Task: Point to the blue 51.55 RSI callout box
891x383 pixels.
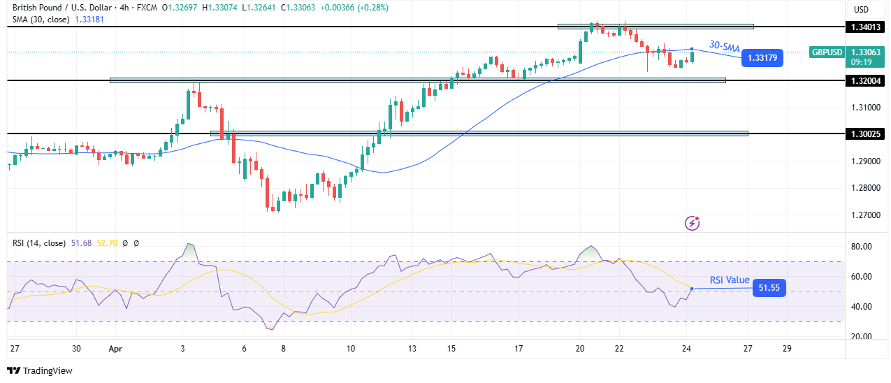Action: pos(769,287)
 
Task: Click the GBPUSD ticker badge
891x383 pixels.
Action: pos(827,52)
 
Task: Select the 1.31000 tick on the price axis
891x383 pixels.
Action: pos(865,108)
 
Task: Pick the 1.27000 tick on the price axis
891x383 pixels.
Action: pos(865,215)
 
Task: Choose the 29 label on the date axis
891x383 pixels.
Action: pos(787,349)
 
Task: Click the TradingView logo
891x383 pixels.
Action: pos(40,371)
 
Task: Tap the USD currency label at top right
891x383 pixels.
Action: pos(861,10)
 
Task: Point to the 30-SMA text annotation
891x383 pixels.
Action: pos(725,46)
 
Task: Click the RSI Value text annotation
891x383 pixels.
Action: pos(730,280)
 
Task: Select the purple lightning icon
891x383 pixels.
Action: pos(692,223)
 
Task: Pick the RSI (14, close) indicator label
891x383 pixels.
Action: pos(39,243)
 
